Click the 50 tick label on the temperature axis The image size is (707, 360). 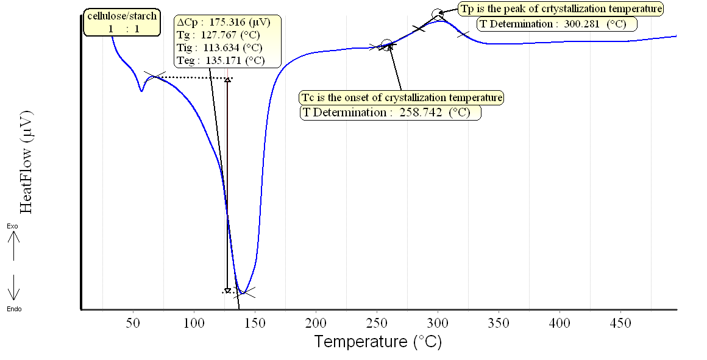pyautogui.click(x=133, y=322)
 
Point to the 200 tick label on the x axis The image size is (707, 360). pyautogui.click(x=316, y=322)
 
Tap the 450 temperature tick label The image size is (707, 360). pyautogui.click(x=620, y=322)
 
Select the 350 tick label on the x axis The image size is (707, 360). pyautogui.click(x=499, y=322)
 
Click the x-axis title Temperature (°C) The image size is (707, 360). pyautogui.click(x=377, y=341)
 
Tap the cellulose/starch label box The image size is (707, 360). pyautogui.click(x=123, y=23)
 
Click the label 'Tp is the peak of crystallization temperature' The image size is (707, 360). pyautogui.click(x=560, y=9)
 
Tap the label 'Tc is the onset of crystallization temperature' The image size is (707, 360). pyautogui.click(x=402, y=97)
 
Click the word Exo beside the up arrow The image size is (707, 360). pyautogui.click(x=12, y=226)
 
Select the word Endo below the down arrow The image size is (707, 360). pyautogui.click(x=14, y=309)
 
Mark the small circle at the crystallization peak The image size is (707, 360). pyautogui.click(x=437, y=13)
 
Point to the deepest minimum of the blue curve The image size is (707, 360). pyautogui.click(x=242, y=292)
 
